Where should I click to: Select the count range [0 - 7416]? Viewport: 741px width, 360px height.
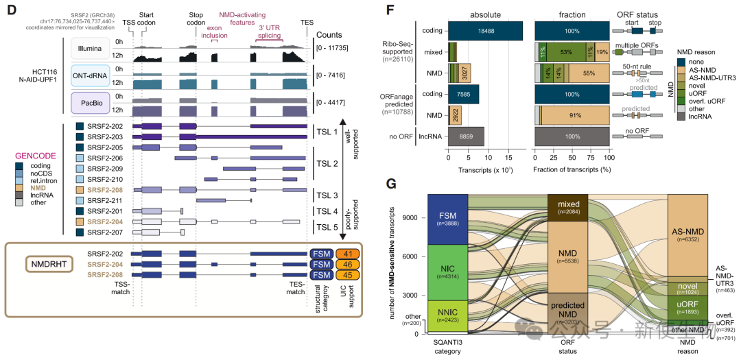click(333, 74)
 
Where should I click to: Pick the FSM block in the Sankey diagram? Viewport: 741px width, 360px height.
click(447, 219)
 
